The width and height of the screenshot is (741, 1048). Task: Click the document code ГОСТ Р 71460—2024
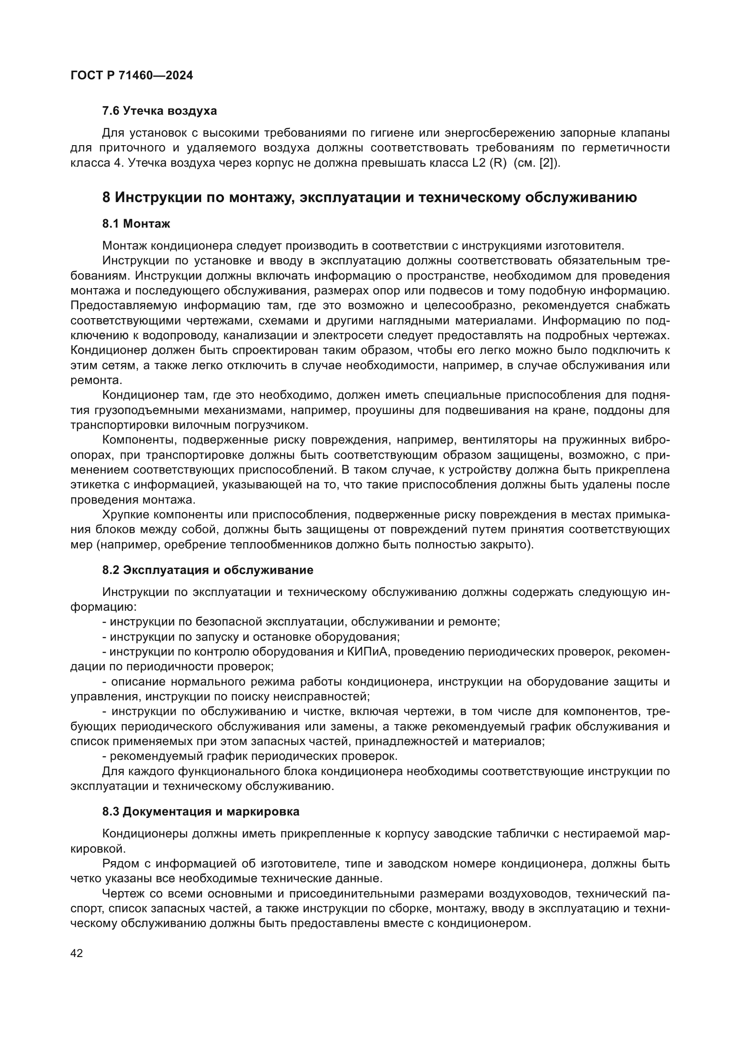pyautogui.click(x=132, y=76)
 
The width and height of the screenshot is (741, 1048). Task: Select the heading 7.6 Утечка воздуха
pyautogui.click(x=159, y=111)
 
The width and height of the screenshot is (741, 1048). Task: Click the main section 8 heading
pyautogui.click(x=369, y=198)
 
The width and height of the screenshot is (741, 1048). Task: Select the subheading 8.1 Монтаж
pyautogui.click(x=136, y=224)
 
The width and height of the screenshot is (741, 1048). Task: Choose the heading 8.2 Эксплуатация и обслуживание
pyautogui.click(x=207, y=570)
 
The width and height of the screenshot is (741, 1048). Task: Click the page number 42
pyautogui.click(x=77, y=953)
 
